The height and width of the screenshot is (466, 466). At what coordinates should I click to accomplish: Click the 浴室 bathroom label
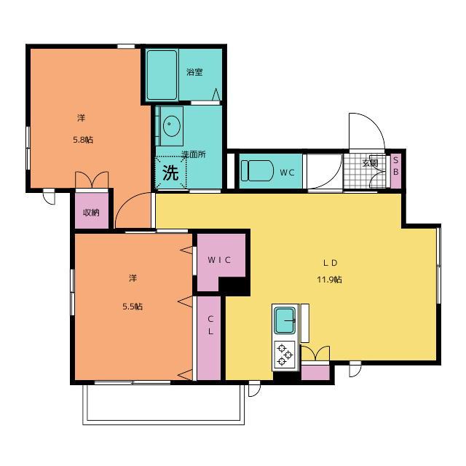coord(194,72)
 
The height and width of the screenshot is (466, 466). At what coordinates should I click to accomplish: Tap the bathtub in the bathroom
coord(162,75)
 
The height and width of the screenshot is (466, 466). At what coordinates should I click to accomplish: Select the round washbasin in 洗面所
coord(172,126)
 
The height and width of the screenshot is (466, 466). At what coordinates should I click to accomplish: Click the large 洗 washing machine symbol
coord(170,173)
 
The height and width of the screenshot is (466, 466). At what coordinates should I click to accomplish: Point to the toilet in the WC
coord(257,170)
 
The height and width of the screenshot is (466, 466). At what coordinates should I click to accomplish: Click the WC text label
coord(287,173)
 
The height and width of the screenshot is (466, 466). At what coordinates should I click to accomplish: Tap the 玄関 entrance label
coord(370,163)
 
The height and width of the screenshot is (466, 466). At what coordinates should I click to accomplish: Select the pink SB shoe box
coord(396,170)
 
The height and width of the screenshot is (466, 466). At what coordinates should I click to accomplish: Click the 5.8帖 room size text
coord(83,140)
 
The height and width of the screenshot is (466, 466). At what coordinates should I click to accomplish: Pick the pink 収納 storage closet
coord(92,210)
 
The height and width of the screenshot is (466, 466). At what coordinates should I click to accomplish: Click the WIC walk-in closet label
coord(219,260)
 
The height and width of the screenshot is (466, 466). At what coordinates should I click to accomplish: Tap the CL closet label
coord(210,325)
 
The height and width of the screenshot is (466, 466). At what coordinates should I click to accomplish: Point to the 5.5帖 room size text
coord(133,307)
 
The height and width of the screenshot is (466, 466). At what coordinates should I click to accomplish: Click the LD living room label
coord(330,263)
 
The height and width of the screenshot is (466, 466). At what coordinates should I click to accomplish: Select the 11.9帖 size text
coord(329,280)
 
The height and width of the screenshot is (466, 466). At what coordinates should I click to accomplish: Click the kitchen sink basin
coord(285,320)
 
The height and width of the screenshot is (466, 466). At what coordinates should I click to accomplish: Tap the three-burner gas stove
coord(285,355)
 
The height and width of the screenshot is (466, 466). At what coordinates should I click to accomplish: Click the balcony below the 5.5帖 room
coord(164,404)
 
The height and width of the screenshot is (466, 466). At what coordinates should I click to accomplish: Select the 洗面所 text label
coord(194,154)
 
